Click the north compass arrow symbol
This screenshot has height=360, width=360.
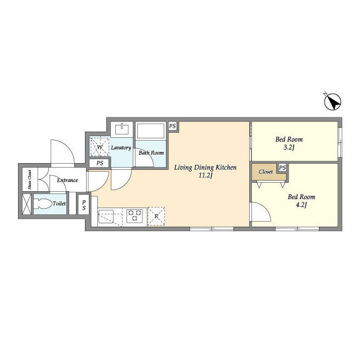(332, 101)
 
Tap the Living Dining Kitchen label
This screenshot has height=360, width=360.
(205, 168)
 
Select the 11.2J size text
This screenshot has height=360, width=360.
(206, 176)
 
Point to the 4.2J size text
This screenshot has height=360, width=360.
(301, 205)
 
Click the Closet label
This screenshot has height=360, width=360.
(265, 172)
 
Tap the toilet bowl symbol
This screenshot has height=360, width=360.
(43, 204)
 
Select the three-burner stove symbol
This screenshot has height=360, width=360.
(134, 216)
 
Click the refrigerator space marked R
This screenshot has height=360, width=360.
(156, 216)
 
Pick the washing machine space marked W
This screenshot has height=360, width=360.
(100, 147)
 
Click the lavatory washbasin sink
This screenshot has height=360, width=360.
(122, 129)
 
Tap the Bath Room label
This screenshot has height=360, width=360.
(151, 152)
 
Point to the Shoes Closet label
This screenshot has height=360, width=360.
(30, 180)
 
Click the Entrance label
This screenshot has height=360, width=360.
(67, 180)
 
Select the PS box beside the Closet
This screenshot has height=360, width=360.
(282, 168)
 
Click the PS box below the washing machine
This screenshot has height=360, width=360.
(100, 163)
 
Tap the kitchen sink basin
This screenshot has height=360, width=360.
(106, 216)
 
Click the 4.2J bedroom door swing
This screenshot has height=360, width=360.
(261, 211)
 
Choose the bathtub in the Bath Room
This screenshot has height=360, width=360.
(151, 131)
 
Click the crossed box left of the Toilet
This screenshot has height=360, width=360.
(26, 204)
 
